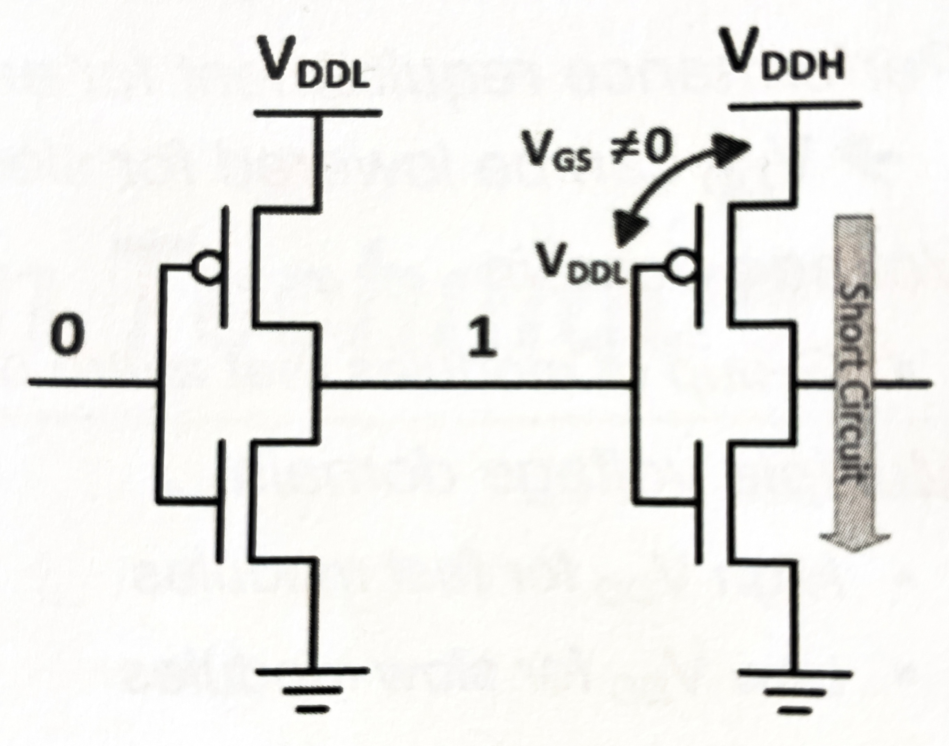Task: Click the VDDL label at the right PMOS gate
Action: click(584, 264)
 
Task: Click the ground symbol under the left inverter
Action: click(313, 695)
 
